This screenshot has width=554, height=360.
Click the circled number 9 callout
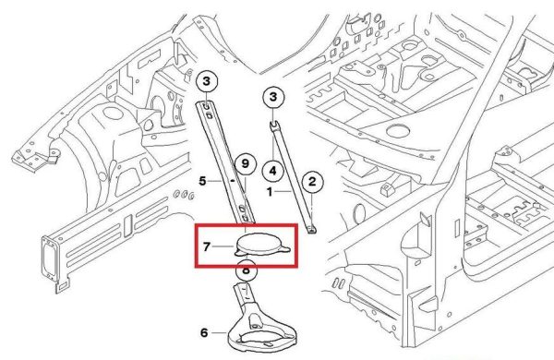click(245, 163)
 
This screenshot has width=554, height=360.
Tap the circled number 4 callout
click(272, 171)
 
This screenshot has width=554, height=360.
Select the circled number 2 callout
click(312, 182)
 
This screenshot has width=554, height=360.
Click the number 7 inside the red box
click(207, 246)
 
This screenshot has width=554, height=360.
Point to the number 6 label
click(204, 332)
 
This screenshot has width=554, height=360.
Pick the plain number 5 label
click(202, 181)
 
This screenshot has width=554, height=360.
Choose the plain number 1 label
click(270, 192)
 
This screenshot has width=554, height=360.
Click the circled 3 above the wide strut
click(206, 81)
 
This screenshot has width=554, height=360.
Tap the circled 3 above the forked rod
click(272, 96)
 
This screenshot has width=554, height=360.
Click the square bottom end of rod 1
click(311, 230)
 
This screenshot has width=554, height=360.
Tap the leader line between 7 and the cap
click(223, 246)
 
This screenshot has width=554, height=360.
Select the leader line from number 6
click(219, 333)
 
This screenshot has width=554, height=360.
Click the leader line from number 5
click(214, 181)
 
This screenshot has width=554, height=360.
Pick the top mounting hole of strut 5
click(206, 106)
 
